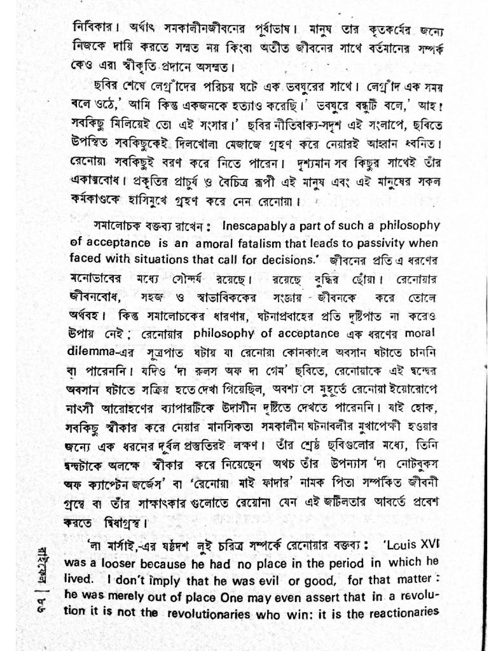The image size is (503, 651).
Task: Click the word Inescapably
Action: point(240,227)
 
